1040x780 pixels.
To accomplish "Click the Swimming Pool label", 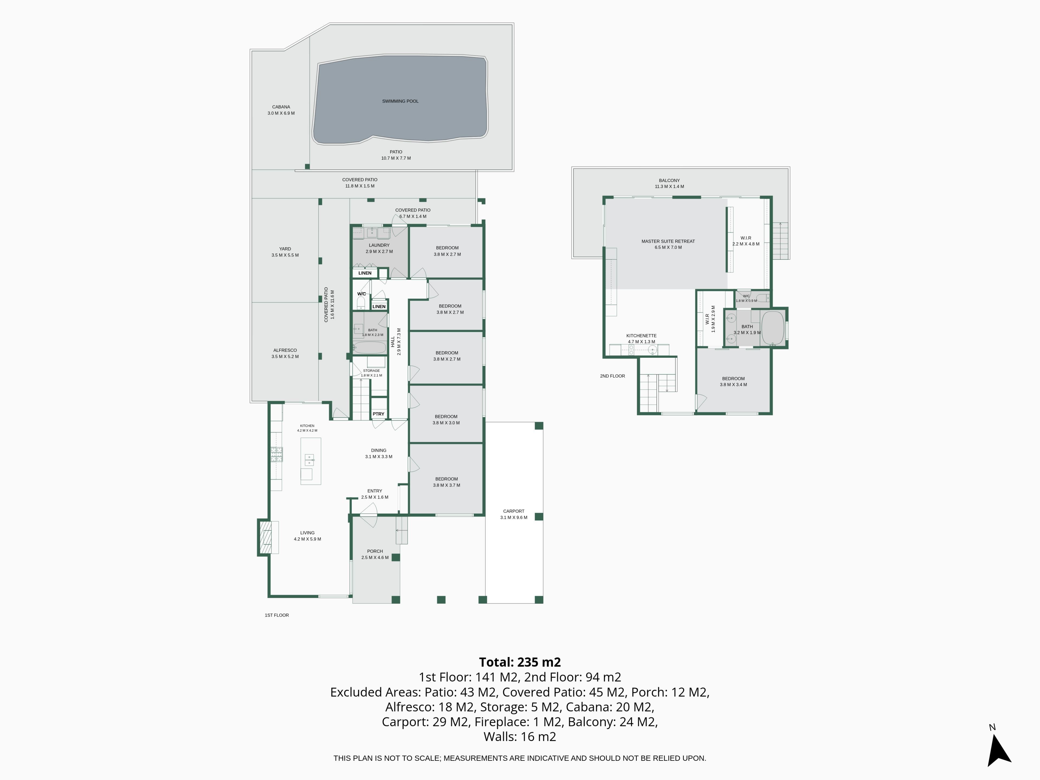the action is (400, 101).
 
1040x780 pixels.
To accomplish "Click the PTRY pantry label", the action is (378, 414).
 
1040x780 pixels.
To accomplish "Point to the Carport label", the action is (513, 511).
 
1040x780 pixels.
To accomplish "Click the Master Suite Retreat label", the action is (668, 241).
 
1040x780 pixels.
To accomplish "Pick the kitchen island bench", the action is (311, 461).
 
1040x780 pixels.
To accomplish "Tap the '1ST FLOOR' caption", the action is (277, 615).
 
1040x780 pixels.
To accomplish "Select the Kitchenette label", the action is (641, 336).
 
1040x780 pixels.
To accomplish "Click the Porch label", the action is (375, 551).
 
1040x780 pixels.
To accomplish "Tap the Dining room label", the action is (378, 450).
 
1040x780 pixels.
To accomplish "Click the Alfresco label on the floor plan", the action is (285, 350).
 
